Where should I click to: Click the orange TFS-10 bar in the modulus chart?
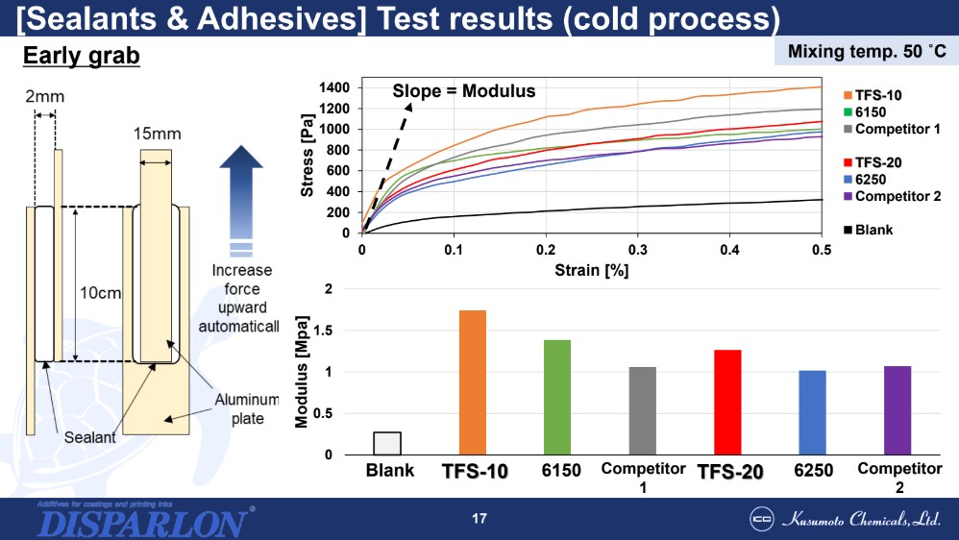[473, 382]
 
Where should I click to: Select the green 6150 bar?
[557, 397]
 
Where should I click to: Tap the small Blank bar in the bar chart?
[387, 443]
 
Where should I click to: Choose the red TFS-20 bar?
[727, 402]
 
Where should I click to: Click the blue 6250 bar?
[811, 412]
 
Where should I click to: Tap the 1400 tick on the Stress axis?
[334, 87]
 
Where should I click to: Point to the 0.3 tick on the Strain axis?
[637, 250]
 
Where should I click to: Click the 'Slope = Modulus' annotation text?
[463, 91]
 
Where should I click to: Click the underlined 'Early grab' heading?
[82, 57]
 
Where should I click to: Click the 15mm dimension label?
[155, 133]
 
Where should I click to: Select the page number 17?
[479, 520]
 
